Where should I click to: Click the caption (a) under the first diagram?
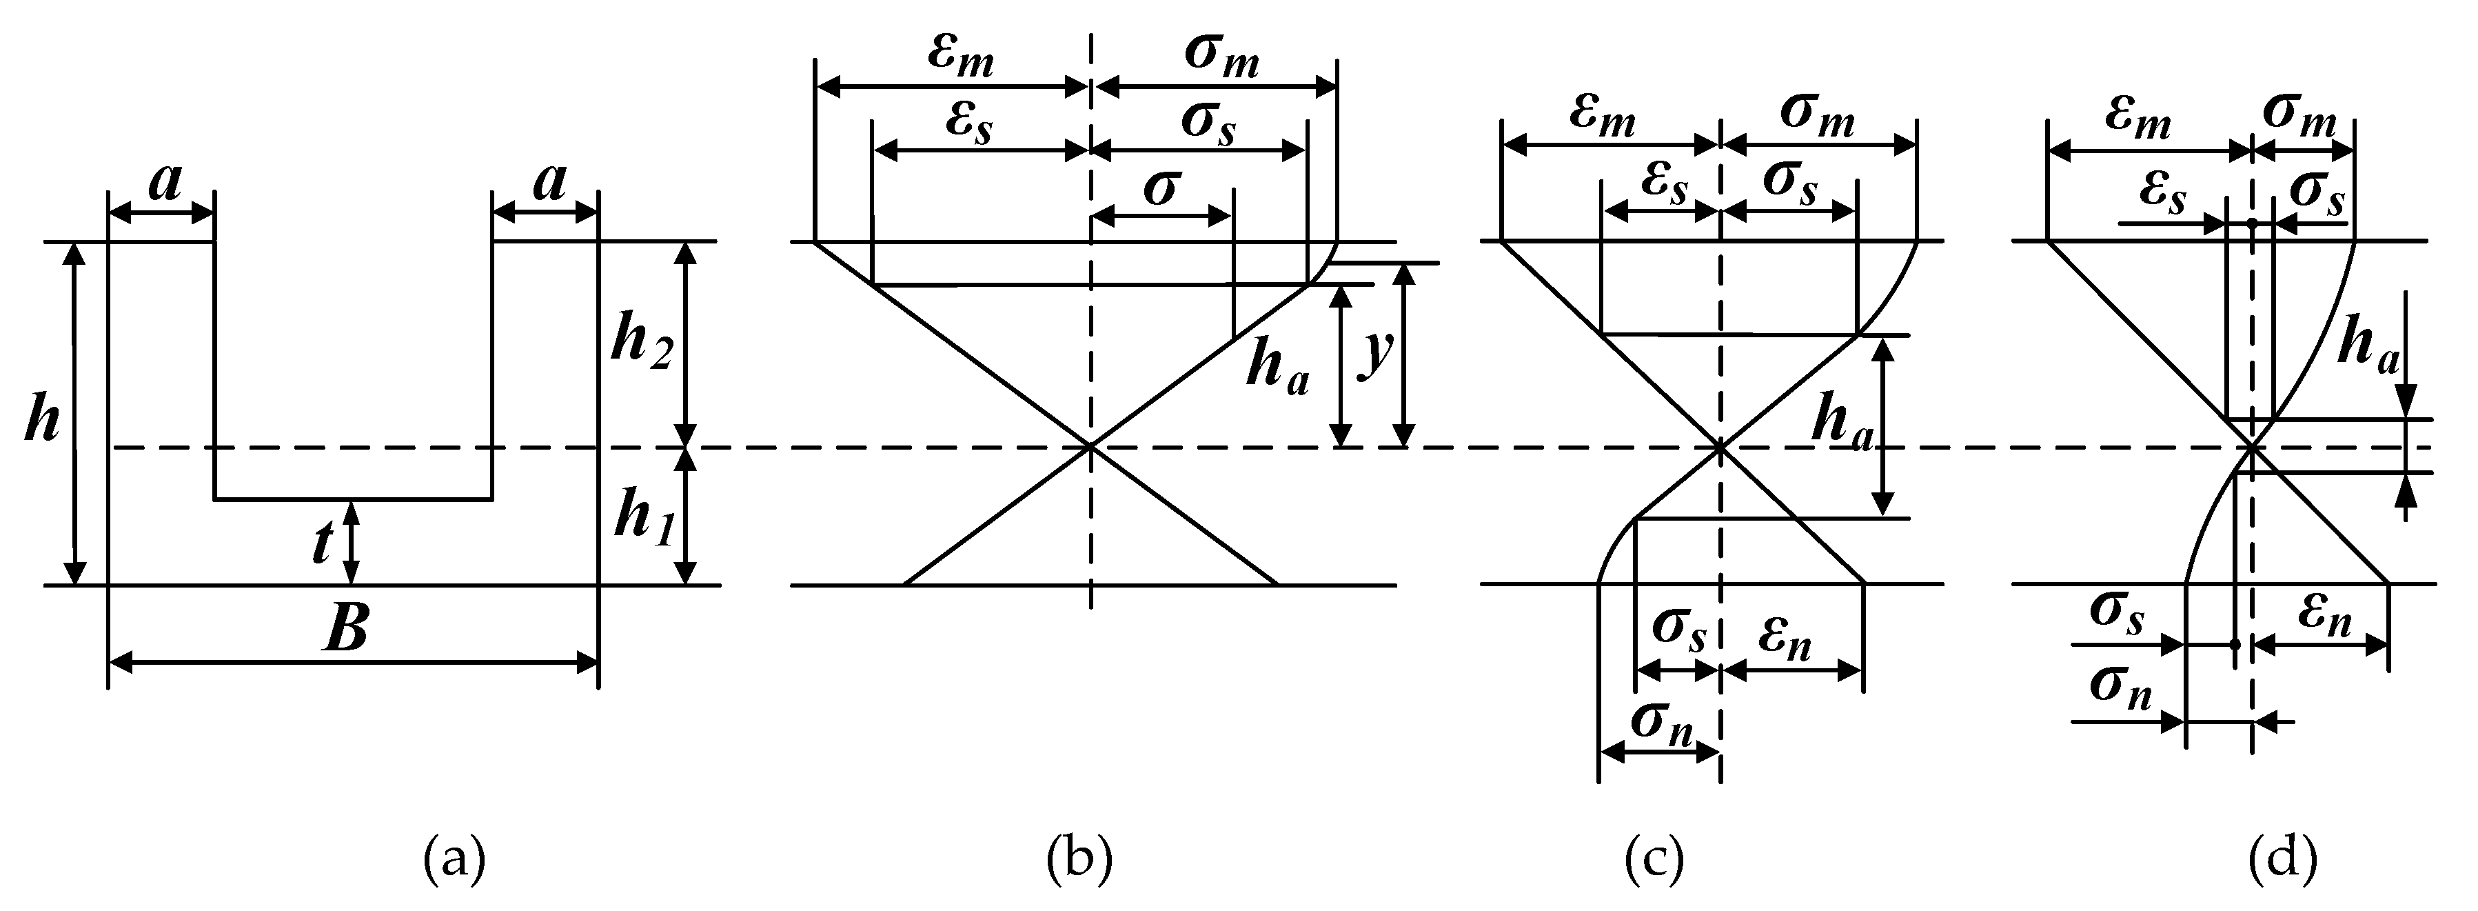tap(454, 859)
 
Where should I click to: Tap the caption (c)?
tap(1654, 859)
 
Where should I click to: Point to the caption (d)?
tap(2283, 859)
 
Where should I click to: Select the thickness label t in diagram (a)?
tap(323, 543)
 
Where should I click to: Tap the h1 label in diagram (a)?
tap(642, 519)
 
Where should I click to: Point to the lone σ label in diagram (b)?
tap(1160, 187)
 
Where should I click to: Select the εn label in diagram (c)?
tap(1785, 640)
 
